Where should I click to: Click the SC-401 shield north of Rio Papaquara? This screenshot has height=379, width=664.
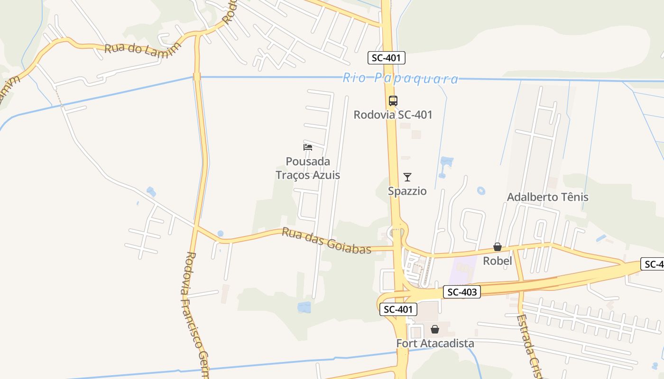coord(386,58)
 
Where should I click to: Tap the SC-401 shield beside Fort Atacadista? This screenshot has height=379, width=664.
coord(398,309)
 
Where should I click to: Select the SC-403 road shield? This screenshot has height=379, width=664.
coord(462,292)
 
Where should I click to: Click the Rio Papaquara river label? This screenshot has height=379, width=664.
coord(401,78)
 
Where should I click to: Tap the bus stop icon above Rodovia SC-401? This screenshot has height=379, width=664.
coord(393,100)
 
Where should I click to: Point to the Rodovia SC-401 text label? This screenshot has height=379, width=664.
coord(393,115)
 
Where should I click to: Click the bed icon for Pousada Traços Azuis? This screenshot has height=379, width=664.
coord(308,147)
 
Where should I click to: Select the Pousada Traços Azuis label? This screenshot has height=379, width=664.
coord(308,168)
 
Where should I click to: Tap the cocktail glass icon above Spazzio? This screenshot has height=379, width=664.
coord(407,177)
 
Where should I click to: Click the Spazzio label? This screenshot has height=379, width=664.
coord(407,191)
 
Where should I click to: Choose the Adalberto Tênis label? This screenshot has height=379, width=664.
coord(547,197)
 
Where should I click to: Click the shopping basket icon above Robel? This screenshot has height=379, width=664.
coord(497,247)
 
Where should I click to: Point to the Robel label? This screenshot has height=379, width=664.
coord(497,261)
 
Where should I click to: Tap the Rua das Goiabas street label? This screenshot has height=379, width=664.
coord(326,240)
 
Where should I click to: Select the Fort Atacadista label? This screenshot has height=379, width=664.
coord(435,343)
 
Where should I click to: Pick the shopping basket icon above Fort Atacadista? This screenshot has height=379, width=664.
coord(434,329)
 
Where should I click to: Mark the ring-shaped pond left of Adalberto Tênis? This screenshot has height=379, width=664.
coord(481,191)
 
